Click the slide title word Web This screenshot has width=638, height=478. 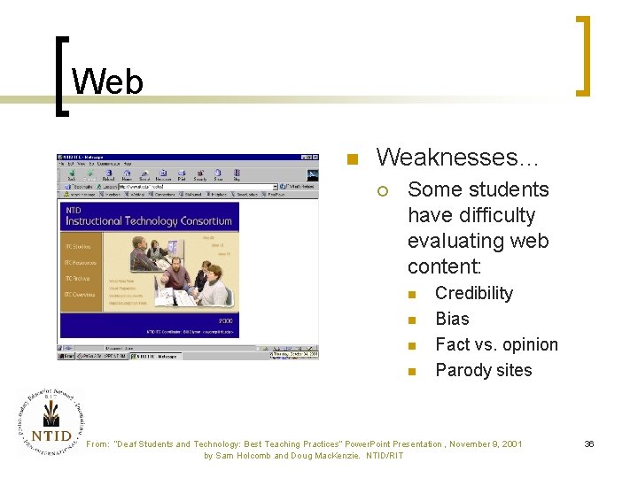[x=107, y=82]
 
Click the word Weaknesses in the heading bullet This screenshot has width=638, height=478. [x=432, y=158]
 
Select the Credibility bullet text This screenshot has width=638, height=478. [x=474, y=293]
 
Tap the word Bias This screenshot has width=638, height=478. [x=452, y=319]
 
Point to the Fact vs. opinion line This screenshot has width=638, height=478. [x=496, y=344]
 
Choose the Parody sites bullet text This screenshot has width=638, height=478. [x=483, y=370]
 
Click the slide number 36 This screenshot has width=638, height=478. [x=588, y=443]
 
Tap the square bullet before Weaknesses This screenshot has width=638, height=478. [x=351, y=160]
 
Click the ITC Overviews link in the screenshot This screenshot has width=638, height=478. [x=83, y=293]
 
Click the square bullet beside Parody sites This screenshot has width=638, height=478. [x=411, y=372]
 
